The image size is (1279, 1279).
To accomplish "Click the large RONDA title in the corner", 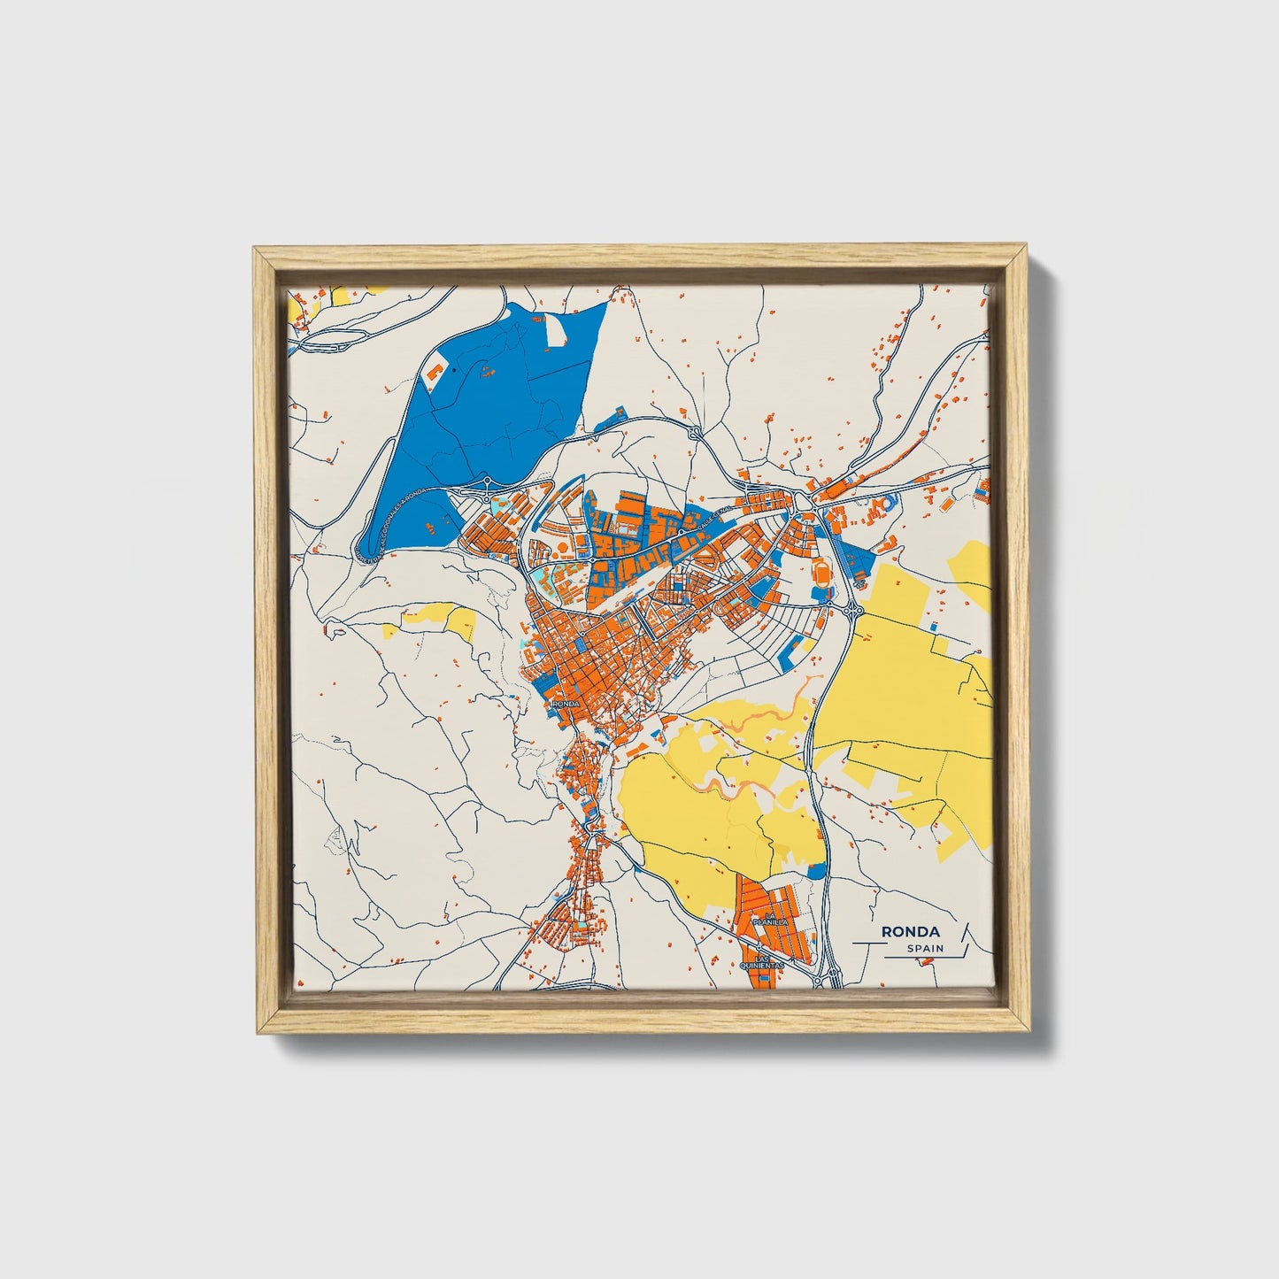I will [x=910, y=931].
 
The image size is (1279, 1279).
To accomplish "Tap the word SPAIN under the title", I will [x=925, y=949].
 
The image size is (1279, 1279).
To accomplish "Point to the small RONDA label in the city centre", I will [x=566, y=704].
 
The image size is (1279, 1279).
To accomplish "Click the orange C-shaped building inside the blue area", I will [x=435, y=370].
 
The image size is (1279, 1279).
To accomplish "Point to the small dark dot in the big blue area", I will [x=454, y=371].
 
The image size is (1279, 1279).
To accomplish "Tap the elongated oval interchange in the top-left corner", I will [x=323, y=338].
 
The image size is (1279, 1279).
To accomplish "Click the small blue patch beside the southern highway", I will [x=817, y=869].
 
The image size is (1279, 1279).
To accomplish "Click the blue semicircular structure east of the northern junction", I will [x=890, y=502].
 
